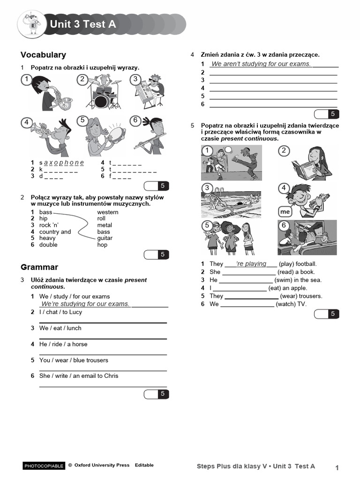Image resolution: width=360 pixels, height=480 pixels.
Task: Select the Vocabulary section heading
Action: [x=43, y=55]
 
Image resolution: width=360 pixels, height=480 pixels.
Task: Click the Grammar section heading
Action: [x=39, y=267]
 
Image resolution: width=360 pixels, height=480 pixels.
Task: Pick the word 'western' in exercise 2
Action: [x=107, y=212]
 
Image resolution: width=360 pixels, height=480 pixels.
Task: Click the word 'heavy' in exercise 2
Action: [x=47, y=238]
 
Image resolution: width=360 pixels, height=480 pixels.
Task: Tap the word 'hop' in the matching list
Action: [x=102, y=245]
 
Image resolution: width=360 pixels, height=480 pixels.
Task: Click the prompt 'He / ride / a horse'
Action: [x=63, y=344]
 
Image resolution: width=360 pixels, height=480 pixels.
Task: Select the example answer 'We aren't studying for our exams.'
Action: [x=261, y=64]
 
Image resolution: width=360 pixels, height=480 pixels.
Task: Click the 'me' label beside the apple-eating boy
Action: [x=285, y=211]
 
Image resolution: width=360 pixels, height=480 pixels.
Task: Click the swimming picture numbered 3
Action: [x=232, y=201]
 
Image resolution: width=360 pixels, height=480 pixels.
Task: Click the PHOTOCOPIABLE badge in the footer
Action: [x=44, y=465]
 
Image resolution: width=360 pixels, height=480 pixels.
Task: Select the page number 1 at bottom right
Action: [x=337, y=467]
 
